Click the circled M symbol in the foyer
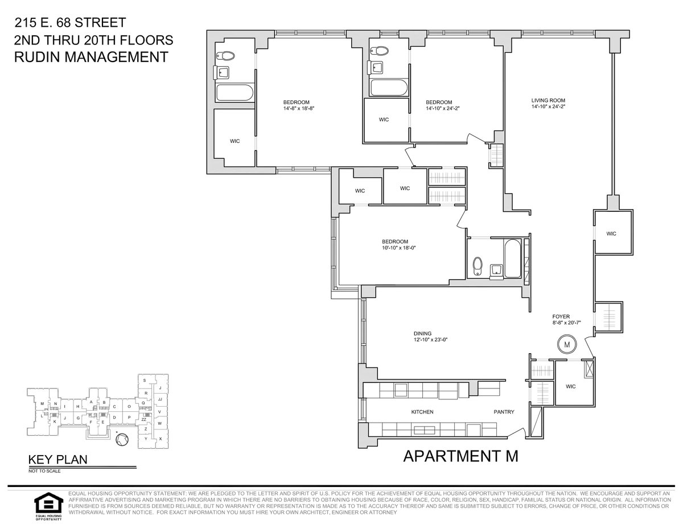[567, 345]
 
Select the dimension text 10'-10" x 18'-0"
[404, 248]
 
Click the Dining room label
[422, 334]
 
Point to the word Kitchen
[422, 412]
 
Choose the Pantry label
[503, 412]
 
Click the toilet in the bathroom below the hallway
[478, 265]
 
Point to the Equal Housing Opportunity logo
[47, 505]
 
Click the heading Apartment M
[460, 456]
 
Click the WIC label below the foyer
[571, 386]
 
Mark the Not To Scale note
[44, 471]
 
